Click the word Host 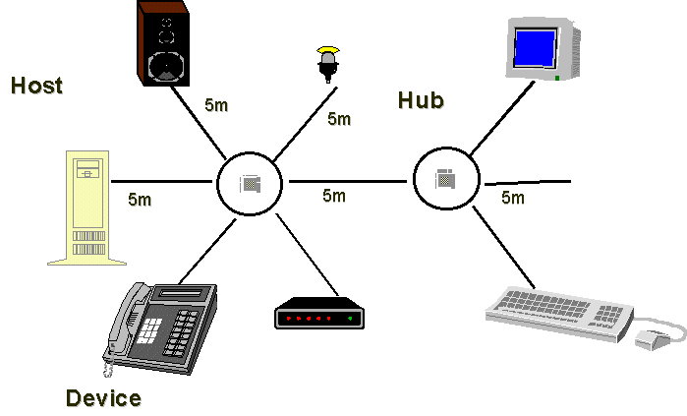36,86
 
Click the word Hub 421,100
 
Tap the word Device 102,397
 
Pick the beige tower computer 88,208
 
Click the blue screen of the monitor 536,46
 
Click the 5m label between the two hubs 334,195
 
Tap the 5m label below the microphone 339,119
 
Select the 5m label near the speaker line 216,104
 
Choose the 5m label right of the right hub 513,198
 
